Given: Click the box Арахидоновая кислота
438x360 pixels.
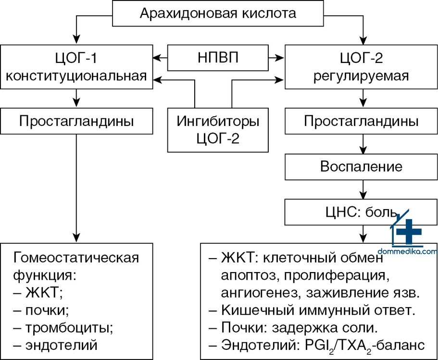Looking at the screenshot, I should (218, 12).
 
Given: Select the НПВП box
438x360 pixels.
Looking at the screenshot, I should (218, 58).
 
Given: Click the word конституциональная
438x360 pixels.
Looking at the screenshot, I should (77, 75).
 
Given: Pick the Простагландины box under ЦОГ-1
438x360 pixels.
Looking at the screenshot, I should (77, 121).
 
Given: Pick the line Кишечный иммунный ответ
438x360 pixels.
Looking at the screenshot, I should (318, 310).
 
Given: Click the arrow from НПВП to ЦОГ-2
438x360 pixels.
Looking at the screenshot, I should (276, 58).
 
